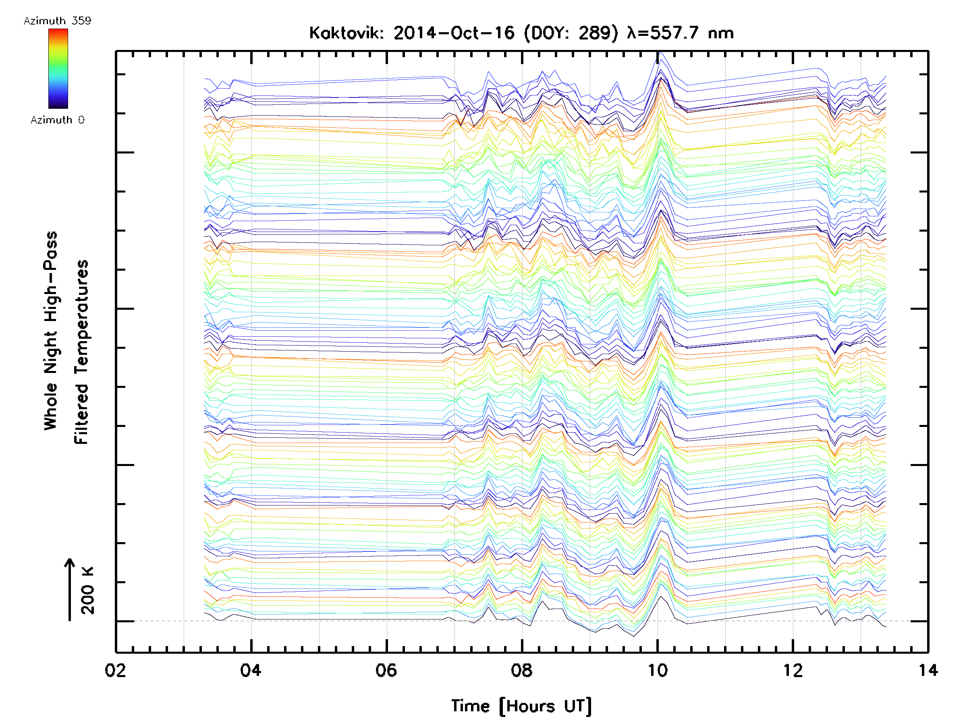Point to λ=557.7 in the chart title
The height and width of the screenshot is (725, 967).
point(662,33)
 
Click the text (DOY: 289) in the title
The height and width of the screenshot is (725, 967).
point(571,33)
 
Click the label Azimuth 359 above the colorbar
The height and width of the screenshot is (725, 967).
point(57,21)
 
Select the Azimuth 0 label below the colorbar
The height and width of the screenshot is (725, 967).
point(57,120)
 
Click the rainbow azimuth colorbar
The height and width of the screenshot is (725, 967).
point(58,68)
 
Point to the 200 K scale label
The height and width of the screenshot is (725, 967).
point(88,590)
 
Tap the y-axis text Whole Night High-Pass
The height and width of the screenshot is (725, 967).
point(51,331)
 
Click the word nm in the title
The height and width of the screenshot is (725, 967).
point(721,33)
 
